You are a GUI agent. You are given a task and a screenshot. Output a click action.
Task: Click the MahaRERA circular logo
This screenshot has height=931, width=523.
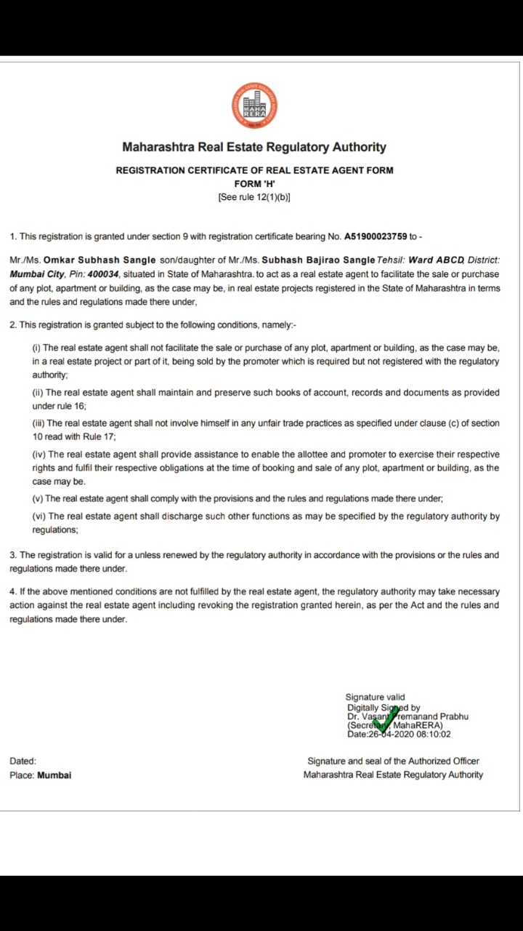click(x=254, y=106)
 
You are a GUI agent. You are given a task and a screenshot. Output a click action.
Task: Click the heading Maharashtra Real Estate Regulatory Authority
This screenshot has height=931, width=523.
click(x=254, y=147)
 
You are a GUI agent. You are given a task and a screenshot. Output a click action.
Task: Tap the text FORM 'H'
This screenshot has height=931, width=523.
click(x=254, y=184)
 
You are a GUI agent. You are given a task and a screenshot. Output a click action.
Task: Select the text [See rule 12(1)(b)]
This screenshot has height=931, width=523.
click(x=254, y=197)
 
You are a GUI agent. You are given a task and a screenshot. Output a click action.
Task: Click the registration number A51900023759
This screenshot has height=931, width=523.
click(x=376, y=236)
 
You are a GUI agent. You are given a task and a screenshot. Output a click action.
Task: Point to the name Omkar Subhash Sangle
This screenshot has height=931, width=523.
click(x=100, y=260)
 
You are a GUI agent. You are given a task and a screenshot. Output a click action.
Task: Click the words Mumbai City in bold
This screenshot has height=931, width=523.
click(x=36, y=274)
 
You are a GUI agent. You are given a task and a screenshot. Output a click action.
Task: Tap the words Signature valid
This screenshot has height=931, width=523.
click(x=375, y=697)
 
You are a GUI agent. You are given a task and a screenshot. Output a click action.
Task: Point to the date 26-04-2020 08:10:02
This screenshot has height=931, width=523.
click(x=410, y=734)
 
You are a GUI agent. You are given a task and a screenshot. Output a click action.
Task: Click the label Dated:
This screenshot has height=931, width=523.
click(x=23, y=761)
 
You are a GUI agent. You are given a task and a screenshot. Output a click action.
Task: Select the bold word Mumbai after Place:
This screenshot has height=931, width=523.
click(x=54, y=775)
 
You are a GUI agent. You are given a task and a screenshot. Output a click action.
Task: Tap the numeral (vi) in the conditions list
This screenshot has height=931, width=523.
click(x=38, y=516)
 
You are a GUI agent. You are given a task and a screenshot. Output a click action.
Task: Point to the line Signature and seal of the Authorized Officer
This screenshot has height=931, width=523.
click(x=393, y=761)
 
